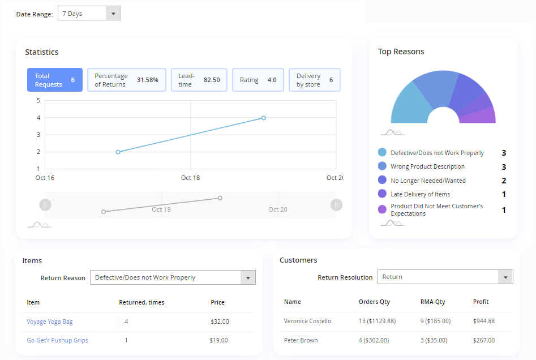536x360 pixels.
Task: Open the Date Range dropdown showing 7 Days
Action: tap(89, 14)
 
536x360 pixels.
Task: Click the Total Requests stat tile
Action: tap(55, 80)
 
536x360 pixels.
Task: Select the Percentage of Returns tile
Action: tap(127, 80)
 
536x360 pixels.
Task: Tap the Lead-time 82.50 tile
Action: tap(199, 80)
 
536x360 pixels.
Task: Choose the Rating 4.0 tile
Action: tap(258, 80)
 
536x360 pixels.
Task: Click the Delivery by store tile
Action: tap(315, 80)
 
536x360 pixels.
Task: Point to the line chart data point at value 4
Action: tap(264, 118)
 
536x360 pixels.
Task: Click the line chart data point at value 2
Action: tap(118, 152)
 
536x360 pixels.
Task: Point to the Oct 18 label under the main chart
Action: tap(190, 178)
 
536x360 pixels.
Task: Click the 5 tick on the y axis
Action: tap(38, 101)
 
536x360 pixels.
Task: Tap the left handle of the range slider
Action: tap(45, 204)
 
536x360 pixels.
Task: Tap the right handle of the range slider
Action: tap(337, 204)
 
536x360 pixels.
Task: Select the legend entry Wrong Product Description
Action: tap(427, 166)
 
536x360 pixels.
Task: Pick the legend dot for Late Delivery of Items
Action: tap(382, 194)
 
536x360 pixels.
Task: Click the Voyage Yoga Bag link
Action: tap(50, 322)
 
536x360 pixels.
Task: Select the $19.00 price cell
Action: tap(219, 340)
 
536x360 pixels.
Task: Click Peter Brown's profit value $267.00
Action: tap(484, 340)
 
